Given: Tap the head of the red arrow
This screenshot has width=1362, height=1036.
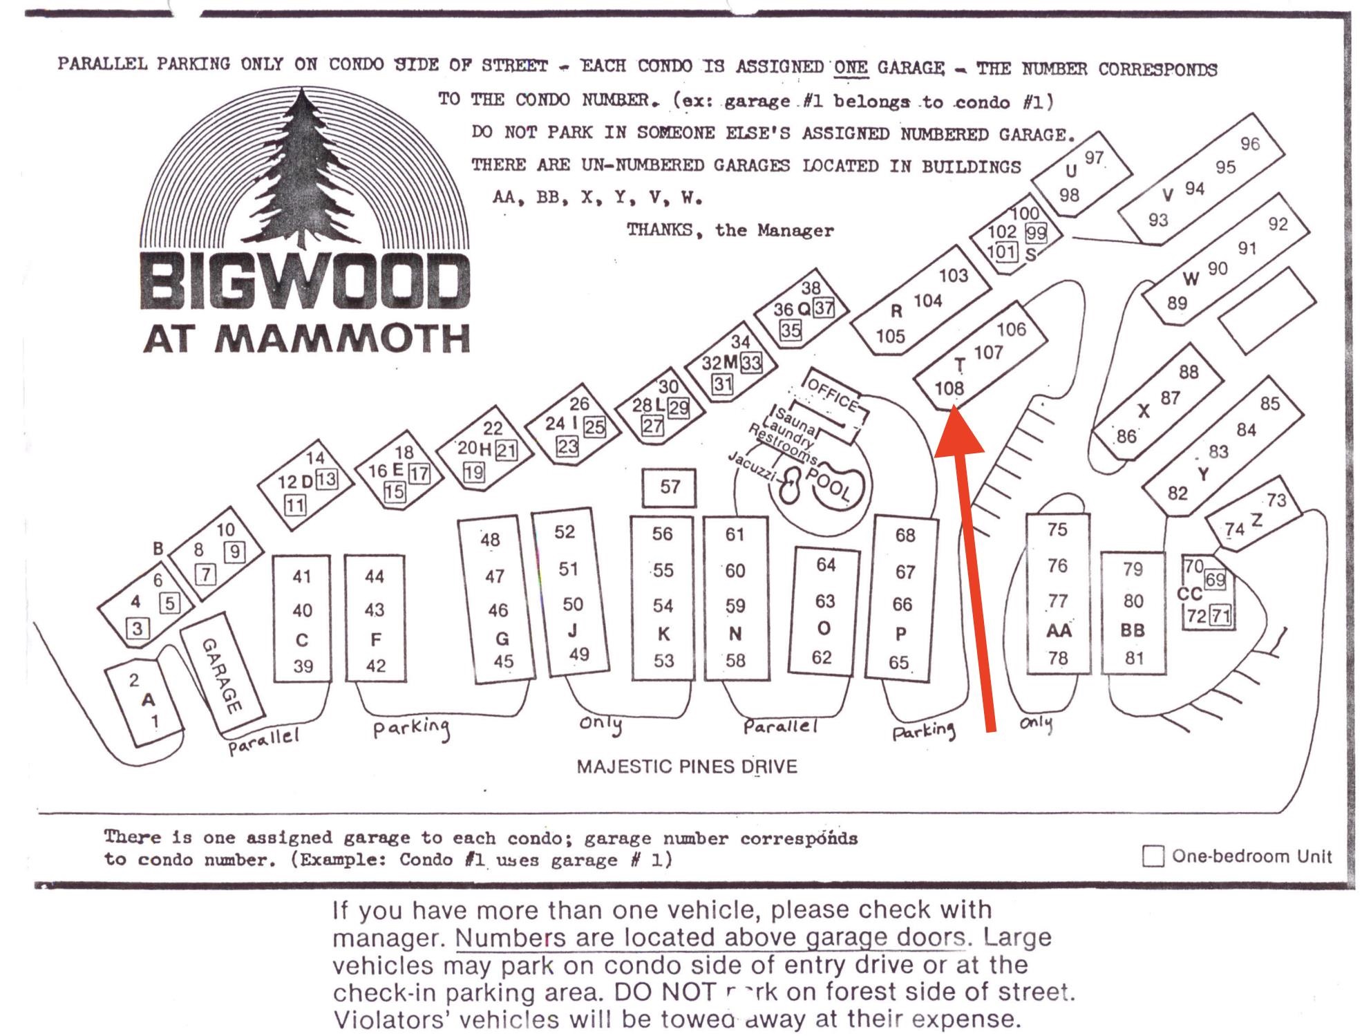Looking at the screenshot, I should click(x=957, y=431).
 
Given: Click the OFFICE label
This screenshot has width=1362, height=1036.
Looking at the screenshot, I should click(x=832, y=395).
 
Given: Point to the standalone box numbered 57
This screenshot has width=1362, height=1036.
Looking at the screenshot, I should click(x=669, y=487).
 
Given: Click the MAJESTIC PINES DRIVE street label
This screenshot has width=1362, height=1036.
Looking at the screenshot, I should click(x=687, y=766).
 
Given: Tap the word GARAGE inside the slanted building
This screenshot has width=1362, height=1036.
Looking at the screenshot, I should click(x=222, y=675).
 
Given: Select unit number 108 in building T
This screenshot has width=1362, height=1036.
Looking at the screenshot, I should click(x=949, y=388).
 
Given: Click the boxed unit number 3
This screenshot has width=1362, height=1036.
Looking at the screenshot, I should click(x=138, y=628).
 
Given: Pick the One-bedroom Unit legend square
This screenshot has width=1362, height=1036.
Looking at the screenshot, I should click(x=1153, y=856).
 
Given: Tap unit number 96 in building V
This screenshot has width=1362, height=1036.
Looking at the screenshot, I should click(x=1249, y=144).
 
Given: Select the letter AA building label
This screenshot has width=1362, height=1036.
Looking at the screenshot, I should click(x=1058, y=630).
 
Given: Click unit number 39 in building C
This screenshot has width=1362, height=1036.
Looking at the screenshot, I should click(x=303, y=666).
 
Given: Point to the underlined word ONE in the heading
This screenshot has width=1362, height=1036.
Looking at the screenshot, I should click(x=850, y=67).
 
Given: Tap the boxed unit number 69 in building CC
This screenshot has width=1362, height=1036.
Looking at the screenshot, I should click(x=1215, y=579).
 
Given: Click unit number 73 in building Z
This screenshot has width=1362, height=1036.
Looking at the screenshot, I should click(x=1276, y=499).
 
